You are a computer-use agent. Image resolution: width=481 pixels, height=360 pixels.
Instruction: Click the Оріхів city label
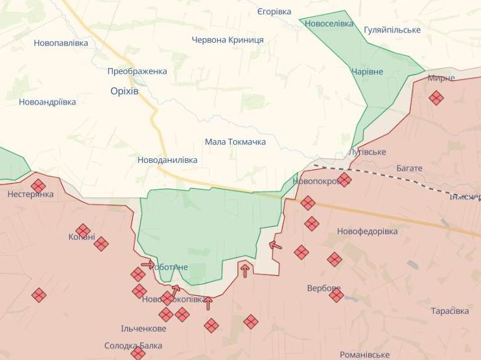124,91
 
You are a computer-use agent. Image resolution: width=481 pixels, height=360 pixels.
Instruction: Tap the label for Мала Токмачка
235,141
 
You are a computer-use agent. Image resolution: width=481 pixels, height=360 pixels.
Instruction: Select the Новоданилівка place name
167,160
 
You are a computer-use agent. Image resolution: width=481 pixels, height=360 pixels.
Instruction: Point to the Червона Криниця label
228,40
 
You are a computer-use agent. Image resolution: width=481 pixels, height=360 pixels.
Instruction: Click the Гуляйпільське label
392,30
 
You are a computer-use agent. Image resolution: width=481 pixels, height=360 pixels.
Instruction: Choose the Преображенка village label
137,71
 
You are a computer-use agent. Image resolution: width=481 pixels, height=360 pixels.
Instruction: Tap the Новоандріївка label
47,102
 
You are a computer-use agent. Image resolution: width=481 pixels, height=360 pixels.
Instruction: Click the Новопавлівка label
60,43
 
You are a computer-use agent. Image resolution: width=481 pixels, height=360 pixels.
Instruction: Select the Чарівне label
368,71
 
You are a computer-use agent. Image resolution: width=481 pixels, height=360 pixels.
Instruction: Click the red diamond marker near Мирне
436,98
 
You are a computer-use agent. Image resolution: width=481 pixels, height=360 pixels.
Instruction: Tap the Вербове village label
324,288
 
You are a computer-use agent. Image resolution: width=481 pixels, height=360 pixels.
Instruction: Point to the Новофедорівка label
368,231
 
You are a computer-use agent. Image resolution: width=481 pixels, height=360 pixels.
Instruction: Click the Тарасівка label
450,311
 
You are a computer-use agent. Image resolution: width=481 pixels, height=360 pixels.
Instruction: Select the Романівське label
365,355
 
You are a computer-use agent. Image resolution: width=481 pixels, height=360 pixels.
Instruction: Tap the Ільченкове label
143,328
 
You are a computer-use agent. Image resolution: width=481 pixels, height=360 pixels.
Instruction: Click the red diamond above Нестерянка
38,186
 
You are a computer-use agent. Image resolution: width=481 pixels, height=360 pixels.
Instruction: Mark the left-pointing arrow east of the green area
276,245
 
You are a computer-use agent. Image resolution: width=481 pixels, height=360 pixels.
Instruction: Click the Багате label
409,168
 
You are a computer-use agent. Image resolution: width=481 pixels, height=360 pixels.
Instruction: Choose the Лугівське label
367,152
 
